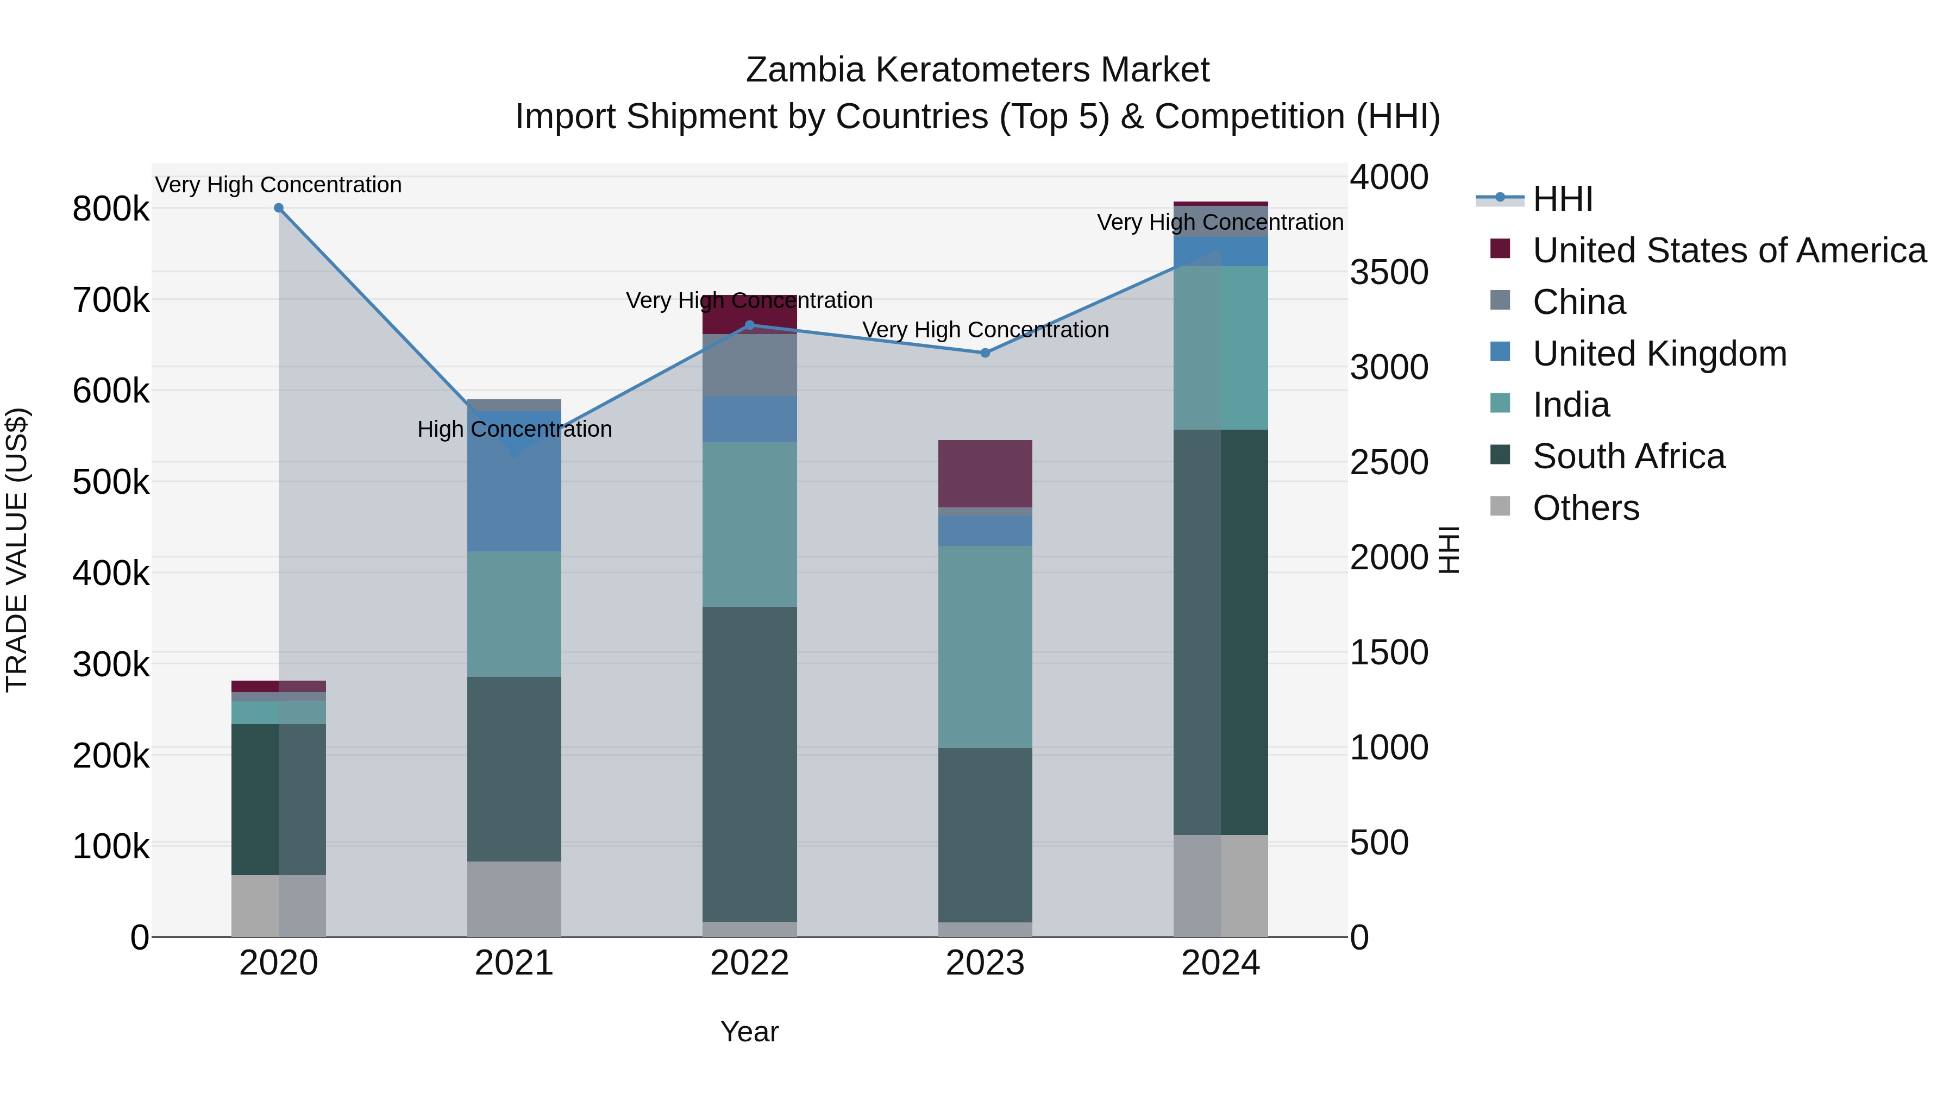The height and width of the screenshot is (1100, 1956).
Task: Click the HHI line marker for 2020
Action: pos(279,208)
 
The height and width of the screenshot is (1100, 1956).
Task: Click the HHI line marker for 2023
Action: pos(985,353)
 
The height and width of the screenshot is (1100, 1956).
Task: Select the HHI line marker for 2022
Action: pos(749,325)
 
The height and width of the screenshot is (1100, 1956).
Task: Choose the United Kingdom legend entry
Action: pos(1659,354)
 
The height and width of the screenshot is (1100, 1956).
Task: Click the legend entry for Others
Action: pos(1585,508)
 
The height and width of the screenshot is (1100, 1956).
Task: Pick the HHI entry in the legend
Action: pos(1562,199)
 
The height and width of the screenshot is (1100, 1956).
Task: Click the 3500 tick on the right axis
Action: pos(1389,273)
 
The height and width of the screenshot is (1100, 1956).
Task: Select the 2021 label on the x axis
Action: pos(514,963)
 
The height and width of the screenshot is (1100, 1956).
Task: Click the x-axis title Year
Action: pos(749,1032)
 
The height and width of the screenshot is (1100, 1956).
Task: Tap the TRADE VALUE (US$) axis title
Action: pos(17,550)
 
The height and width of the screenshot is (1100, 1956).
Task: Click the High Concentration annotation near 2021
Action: pos(514,430)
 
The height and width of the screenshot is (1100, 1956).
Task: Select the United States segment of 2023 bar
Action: pos(985,473)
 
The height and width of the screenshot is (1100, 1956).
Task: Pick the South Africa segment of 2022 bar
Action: pos(749,763)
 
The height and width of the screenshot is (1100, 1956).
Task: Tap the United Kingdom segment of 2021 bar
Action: pos(514,481)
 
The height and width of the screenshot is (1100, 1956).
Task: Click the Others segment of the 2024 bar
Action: pos(1220,885)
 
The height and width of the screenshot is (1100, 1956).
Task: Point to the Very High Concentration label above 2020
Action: pos(279,185)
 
